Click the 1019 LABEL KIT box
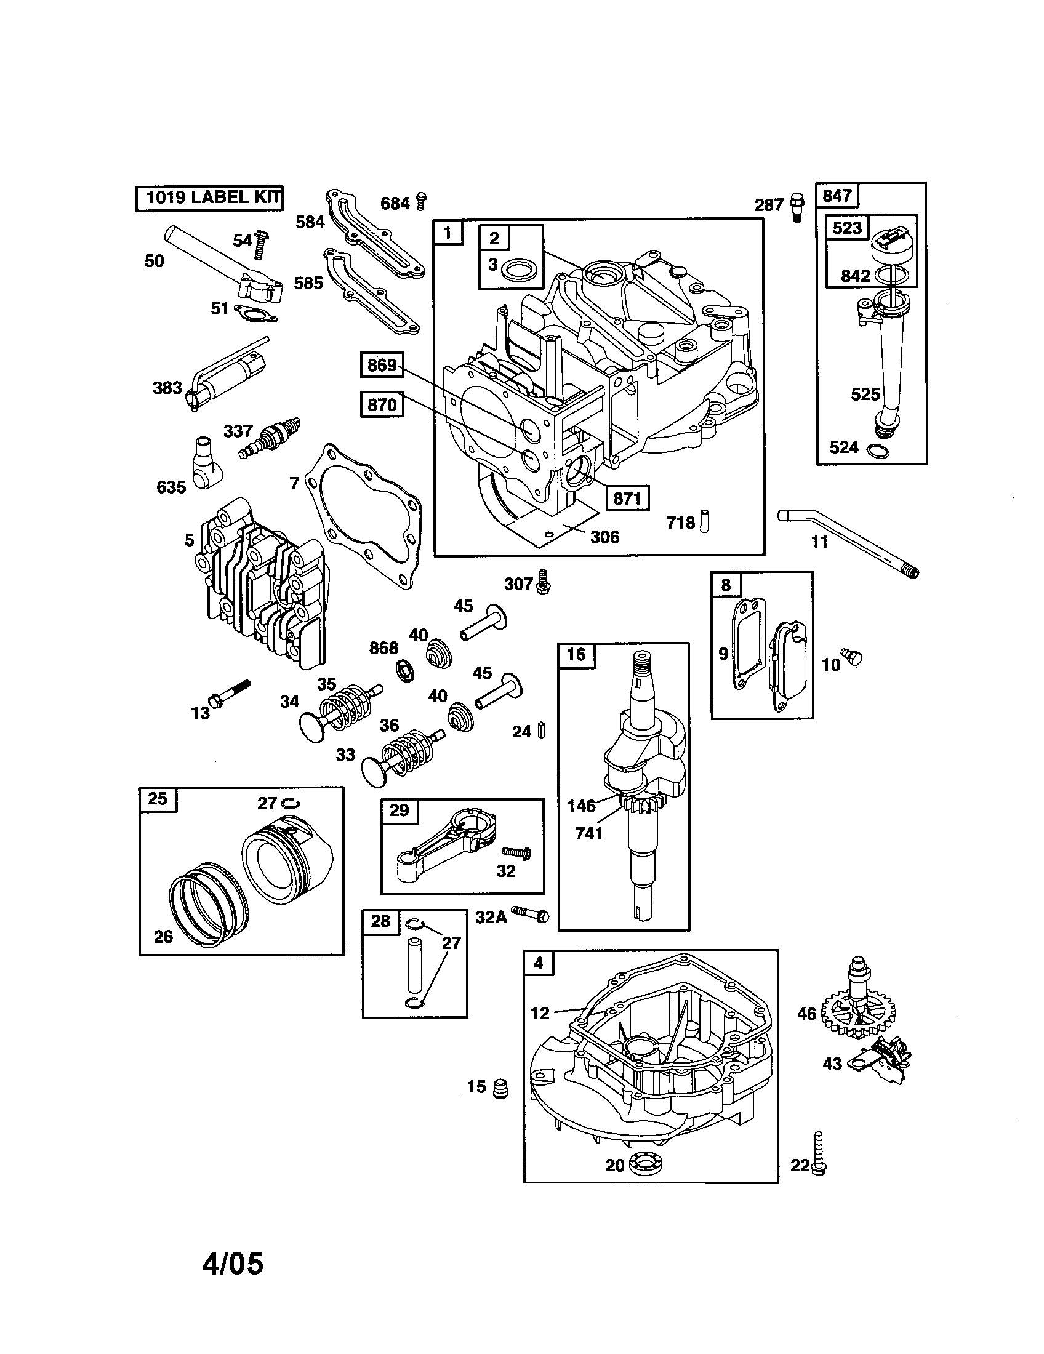click(209, 198)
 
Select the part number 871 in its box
click(627, 498)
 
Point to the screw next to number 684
click(422, 201)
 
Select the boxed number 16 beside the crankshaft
click(576, 655)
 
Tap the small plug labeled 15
click(500, 1088)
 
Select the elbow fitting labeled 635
click(206, 462)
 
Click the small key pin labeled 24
click(542, 730)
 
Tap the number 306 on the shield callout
click(604, 537)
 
